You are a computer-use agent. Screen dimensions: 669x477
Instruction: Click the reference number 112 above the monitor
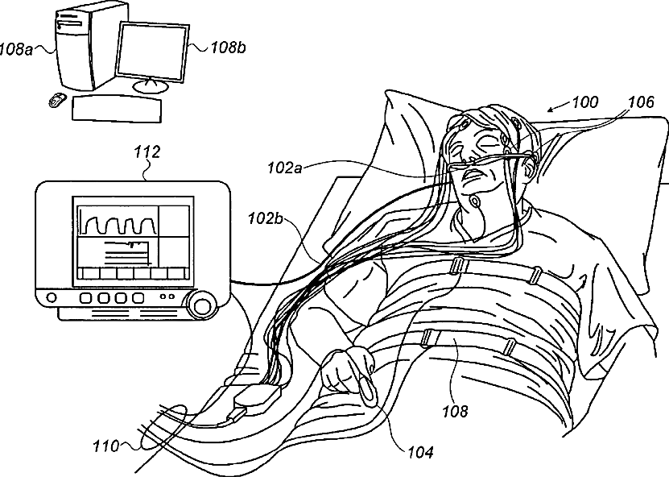pos(149,151)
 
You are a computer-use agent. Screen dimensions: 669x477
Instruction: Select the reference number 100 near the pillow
pos(584,103)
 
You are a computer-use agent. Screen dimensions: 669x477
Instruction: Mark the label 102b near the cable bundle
pos(265,219)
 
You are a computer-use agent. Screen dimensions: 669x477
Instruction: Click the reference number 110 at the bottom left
pos(105,445)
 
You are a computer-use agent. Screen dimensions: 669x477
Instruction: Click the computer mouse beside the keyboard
pos(56,100)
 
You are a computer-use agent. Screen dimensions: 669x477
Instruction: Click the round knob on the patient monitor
pos(200,305)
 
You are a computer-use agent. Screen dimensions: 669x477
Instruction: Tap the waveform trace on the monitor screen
pos(116,221)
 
